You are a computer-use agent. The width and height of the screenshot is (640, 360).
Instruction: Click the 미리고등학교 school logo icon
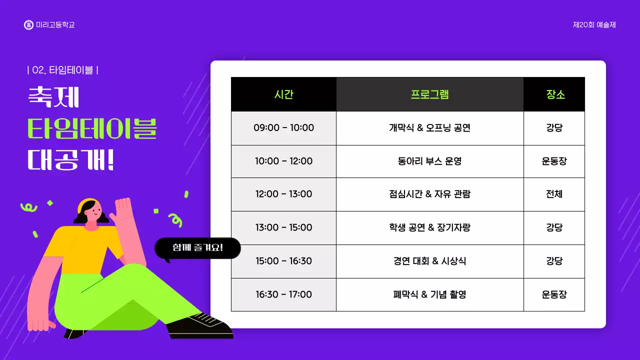(x=28, y=25)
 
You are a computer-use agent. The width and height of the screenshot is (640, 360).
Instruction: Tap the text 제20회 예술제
(x=594, y=25)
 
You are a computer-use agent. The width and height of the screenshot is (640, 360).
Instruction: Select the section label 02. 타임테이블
(x=62, y=70)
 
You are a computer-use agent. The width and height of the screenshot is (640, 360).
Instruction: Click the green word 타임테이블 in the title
(x=92, y=129)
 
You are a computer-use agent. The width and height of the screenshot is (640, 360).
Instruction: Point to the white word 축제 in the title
(x=53, y=97)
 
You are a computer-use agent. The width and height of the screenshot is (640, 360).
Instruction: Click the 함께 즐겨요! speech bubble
(x=198, y=248)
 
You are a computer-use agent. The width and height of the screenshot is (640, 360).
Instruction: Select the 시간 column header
(x=283, y=94)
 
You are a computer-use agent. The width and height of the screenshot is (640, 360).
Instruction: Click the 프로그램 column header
(x=429, y=94)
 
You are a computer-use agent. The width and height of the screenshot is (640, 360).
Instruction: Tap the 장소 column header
(x=554, y=94)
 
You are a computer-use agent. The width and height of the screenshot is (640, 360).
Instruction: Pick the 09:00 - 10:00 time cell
(x=283, y=128)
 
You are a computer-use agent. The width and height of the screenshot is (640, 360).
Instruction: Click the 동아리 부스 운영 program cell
(x=429, y=161)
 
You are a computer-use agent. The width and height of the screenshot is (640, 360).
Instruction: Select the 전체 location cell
(x=554, y=194)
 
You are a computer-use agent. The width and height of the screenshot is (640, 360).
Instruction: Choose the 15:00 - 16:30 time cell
(x=283, y=261)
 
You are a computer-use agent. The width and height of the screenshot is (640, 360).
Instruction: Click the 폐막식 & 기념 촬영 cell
(x=429, y=294)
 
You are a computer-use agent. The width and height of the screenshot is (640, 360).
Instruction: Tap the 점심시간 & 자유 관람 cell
(x=429, y=194)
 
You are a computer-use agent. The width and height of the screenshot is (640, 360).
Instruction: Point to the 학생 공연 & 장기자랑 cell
(x=429, y=227)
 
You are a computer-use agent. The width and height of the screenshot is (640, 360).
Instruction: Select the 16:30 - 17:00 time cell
(x=283, y=294)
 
